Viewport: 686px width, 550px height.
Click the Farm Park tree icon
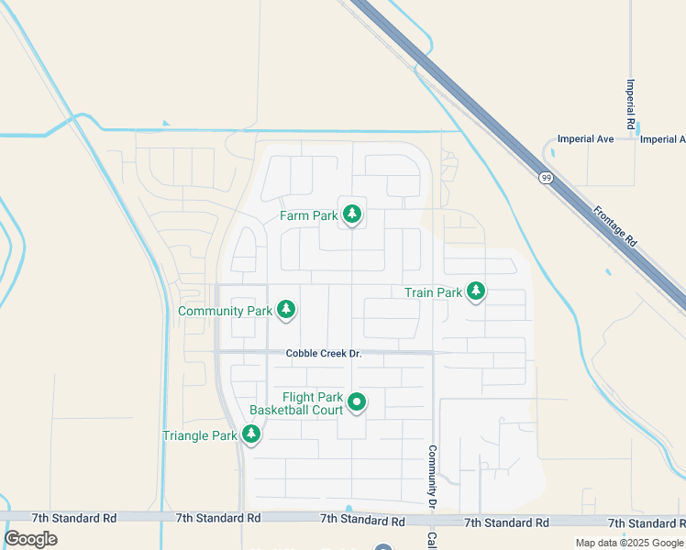(x=351, y=214)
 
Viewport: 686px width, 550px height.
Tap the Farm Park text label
(x=310, y=216)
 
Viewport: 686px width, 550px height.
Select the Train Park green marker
(x=475, y=291)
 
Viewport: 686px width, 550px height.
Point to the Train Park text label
(x=434, y=292)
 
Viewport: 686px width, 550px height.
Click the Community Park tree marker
(x=286, y=310)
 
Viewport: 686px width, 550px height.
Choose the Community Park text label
(x=225, y=311)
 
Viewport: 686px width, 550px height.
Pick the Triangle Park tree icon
(x=250, y=434)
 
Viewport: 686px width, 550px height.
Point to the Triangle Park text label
(x=200, y=435)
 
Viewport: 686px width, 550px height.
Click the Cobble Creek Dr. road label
(x=324, y=353)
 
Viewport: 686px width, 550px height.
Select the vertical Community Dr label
(x=430, y=477)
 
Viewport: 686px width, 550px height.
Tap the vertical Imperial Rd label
(x=631, y=103)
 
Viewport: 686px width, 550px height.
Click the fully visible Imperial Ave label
(x=585, y=139)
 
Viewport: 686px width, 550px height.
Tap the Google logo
(x=30, y=538)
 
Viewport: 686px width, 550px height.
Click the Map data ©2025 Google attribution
(x=629, y=543)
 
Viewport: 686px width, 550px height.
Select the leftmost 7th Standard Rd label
(x=73, y=519)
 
